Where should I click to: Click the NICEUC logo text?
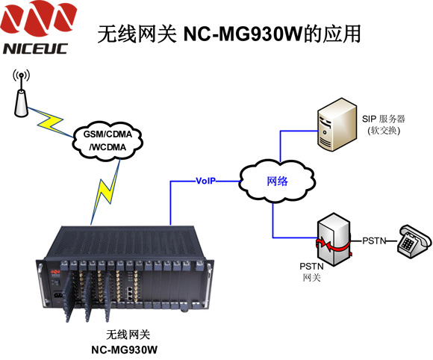[35, 49]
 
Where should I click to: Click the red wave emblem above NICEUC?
[39, 16]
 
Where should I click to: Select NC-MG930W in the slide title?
[243, 34]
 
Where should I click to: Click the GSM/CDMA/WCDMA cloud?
[108, 141]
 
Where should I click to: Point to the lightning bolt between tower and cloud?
[50, 122]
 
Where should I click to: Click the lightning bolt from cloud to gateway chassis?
[106, 191]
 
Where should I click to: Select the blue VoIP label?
[205, 181]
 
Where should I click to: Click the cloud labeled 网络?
[277, 181]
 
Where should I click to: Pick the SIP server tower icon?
[337, 124]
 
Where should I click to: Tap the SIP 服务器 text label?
[384, 119]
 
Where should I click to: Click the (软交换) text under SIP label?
[384, 131]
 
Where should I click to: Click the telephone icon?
[414, 241]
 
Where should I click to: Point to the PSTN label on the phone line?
[374, 241]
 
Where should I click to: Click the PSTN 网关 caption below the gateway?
[311, 272]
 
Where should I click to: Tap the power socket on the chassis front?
[57, 296]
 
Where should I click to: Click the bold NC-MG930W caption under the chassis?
[124, 350]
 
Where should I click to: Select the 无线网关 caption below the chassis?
[128, 335]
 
